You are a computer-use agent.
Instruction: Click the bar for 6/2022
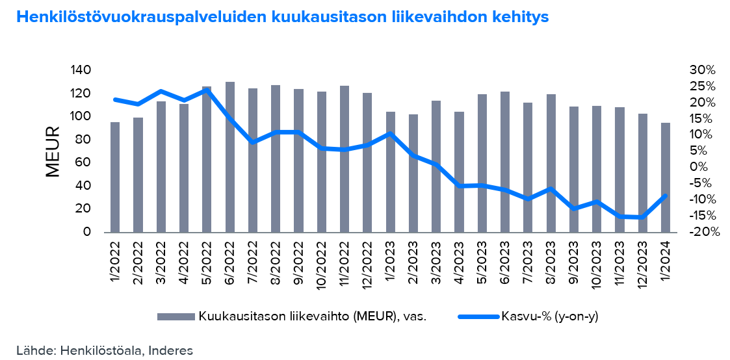[229, 157]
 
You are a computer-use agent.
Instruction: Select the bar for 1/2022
[115, 177]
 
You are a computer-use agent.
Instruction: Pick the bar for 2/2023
[413, 173]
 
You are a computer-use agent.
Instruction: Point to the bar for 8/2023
[551, 163]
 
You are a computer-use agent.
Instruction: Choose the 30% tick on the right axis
[703, 70]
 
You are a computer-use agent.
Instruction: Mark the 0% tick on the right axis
[696, 167]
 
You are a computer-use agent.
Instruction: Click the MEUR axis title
[53, 151]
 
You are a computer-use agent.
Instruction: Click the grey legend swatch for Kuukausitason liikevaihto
[176, 316]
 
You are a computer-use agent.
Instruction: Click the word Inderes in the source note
[171, 350]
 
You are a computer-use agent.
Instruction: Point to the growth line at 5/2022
[207, 90]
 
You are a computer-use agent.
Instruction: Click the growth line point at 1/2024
[666, 196]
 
